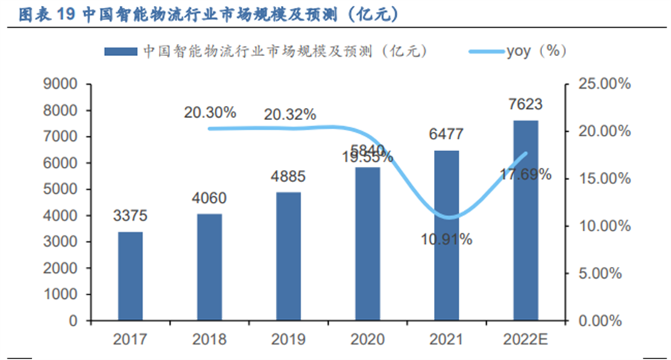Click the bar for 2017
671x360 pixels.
coord(130,276)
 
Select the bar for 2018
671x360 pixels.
coord(210,267)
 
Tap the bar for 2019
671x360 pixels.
coord(289,256)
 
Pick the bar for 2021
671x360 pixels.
coord(447,236)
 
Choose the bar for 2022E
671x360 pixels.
coord(526,220)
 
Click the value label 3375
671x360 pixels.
coord(130,217)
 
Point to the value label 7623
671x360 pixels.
coord(526,104)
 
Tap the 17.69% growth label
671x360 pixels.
coord(526,174)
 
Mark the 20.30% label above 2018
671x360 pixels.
coord(210,113)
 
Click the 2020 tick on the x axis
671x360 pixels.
coord(368,340)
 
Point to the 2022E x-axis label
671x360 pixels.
coord(526,340)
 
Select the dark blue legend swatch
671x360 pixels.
coord(122,51)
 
